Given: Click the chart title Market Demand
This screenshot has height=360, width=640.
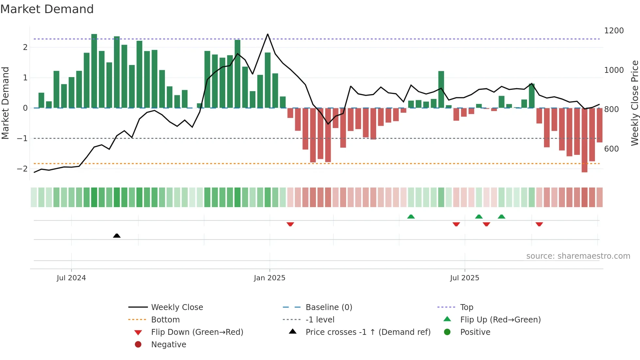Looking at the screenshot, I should tap(47, 9).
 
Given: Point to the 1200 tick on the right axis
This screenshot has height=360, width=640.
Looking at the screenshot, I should tap(614, 31).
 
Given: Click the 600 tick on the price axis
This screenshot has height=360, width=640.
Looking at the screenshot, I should tap(611, 149).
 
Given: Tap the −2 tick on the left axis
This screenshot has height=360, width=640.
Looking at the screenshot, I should tap(22, 169).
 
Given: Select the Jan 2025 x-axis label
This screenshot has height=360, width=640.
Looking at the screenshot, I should tap(269, 278).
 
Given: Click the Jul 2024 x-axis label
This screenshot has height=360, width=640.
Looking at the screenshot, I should tap(71, 278).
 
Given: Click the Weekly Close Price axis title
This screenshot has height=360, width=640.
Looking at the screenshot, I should tap(634, 103).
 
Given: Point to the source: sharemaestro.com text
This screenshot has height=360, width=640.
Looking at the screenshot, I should tap(578, 256).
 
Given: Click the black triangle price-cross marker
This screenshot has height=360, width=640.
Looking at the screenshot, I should tap(117, 236).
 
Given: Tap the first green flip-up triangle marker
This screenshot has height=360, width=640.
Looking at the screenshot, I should tap(411, 217).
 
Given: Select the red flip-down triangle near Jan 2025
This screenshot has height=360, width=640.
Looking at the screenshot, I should tap(290, 224).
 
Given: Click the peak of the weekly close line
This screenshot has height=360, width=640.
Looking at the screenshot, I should tap(268, 34).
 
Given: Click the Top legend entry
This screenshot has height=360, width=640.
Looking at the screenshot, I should tap(466, 307).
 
